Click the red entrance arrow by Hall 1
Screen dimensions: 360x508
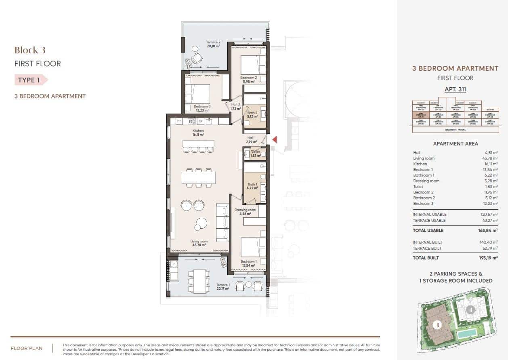(x=274, y=140)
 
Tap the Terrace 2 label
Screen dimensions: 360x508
(x=213, y=44)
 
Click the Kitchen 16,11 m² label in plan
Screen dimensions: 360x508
(x=198, y=133)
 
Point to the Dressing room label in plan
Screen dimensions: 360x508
(x=245, y=212)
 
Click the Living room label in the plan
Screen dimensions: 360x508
(x=199, y=243)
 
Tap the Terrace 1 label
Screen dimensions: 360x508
(x=223, y=287)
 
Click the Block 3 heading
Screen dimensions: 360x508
(x=30, y=50)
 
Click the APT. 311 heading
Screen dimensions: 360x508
(x=455, y=90)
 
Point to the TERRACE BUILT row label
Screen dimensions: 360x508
(x=427, y=248)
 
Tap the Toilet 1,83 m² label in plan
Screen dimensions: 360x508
(x=256, y=154)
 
